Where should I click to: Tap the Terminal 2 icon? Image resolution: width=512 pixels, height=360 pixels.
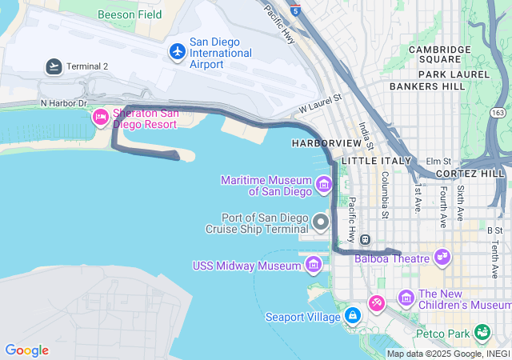click(54, 66)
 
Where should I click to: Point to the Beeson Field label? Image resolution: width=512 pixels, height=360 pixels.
click(130, 14)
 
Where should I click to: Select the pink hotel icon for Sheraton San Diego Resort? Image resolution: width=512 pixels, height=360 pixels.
click(101, 118)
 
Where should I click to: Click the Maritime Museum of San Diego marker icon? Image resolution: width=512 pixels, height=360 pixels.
click(323, 186)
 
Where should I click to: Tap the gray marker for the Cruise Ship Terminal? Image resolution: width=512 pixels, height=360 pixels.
click(322, 222)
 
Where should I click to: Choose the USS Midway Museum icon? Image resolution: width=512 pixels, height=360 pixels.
click(314, 265)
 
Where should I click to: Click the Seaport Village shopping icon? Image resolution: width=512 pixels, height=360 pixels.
click(352, 316)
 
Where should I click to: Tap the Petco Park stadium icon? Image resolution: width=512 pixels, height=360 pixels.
click(482, 331)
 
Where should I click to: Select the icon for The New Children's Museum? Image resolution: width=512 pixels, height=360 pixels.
click(406, 299)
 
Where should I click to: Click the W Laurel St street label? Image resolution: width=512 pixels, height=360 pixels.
click(320, 103)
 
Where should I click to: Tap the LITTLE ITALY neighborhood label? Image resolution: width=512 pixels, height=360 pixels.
click(376, 161)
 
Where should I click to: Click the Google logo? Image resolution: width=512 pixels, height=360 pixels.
click(27, 350)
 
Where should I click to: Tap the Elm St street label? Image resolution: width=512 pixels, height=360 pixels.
click(438, 161)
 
